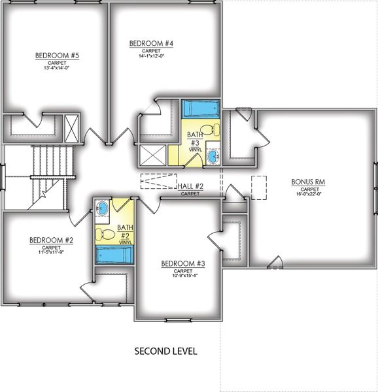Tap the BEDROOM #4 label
pyautogui.click(x=151, y=44)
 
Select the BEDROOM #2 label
pyautogui.click(x=51, y=240)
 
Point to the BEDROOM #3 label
pyautogui.click(x=183, y=263)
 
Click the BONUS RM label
pyautogui.click(x=311, y=181)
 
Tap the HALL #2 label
pyautogui.click(x=191, y=186)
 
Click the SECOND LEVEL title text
pyautogui.click(x=165, y=351)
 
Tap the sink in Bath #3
pyautogui.click(x=215, y=156)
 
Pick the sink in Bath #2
pyautogui.click(x=103, y=209)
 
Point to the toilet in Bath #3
pyautogui.click(x=207, y=129)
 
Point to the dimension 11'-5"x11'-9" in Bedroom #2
pyautogui.click(x=51, y=253)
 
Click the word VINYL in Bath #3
pyautogui.click(x=194, y=149)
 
